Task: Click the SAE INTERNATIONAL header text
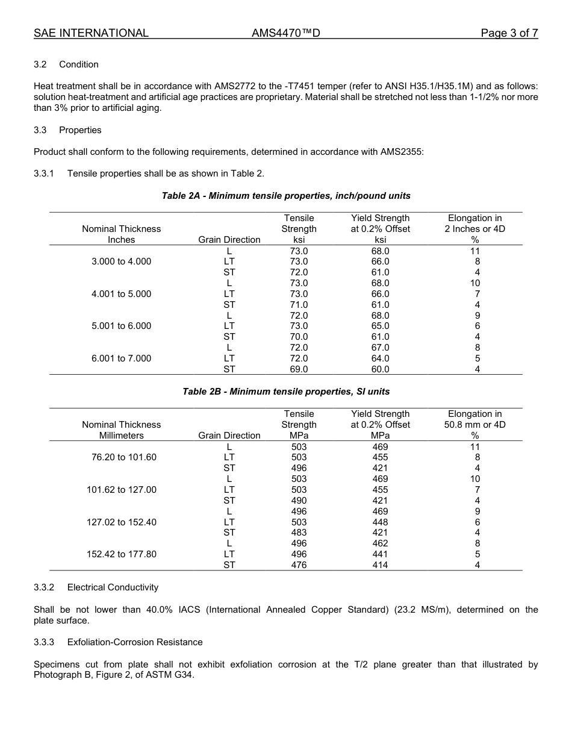pos(91,33)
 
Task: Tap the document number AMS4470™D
pos(285,33)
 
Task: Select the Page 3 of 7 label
pos(509,33)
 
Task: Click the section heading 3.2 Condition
pos(66,64)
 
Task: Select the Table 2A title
pos(286,196)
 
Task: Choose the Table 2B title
pos(286,392)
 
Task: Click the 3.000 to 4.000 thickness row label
pos(121,261)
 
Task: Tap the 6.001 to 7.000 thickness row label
pos(121,358)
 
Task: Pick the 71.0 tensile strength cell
pos(299,305)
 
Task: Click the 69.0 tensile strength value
pos(299,369)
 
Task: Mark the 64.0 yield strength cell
pos(380,358)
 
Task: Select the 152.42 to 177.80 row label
pos(121,554)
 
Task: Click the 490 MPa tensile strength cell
pos(299,501)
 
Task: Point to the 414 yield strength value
pos(380,565)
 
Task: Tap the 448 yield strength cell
pos(380,522)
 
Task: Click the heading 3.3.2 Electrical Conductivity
pos(96,587)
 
